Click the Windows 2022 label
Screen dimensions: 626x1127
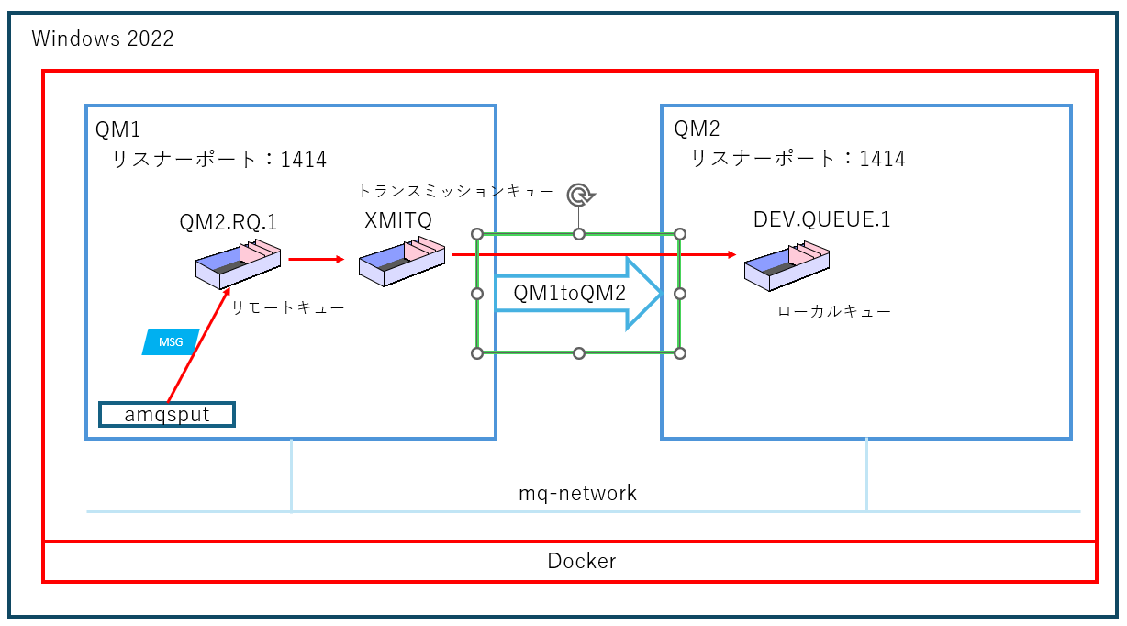click(x=102, y=39)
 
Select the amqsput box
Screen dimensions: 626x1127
click(x=167, y=415)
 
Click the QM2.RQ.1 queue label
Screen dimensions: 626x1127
click(x=229, y=222)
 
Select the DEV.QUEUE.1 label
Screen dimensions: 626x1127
click(x=821, y=219)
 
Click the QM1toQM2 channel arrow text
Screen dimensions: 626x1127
click(x=569, y=294)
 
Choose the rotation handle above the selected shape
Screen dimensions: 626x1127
click(x=579, y=195)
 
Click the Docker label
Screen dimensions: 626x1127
click(x=581, y=561)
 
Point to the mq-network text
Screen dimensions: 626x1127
click(x=577, y=493)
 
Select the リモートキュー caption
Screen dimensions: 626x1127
click(x=287, y=308)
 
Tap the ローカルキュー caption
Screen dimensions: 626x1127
click(x=833, y=312)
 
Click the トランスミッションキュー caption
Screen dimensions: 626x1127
click(x=455, y=192)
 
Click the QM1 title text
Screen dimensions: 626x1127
click(x=118, y=129)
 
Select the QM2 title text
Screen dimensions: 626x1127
click(x=697, y=129)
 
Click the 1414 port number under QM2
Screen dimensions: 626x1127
click(x=882, y=159)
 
